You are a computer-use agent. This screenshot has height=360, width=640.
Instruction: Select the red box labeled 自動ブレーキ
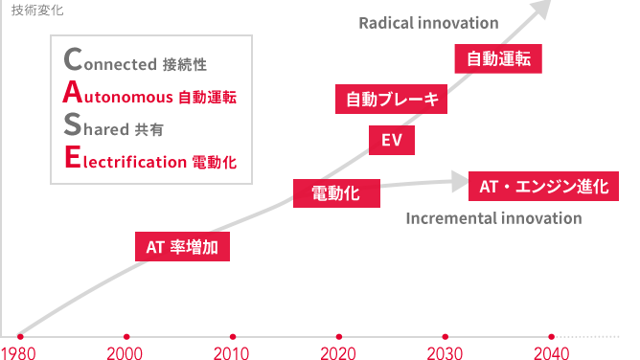[x=391, y=99]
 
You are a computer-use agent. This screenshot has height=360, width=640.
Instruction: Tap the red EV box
[x=391, y=142]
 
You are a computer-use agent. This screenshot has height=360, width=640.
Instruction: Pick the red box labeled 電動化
[x=335, y=193]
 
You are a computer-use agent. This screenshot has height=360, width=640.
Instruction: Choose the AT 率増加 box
[x=182, y=247]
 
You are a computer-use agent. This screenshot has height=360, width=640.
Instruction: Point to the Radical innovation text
[x=428, y=22]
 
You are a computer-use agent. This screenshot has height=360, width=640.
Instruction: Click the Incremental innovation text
[x=493, y=218]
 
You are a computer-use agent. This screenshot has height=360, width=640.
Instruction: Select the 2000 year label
[x=126, y=351]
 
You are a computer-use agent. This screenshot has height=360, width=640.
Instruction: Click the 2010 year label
[x=232, y=351]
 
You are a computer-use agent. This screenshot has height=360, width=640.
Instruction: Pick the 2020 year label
[x=338, y=351]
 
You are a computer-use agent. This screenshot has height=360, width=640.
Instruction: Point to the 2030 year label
[x=445, y=351]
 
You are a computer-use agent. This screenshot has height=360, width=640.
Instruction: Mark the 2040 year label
[x=551, y=351]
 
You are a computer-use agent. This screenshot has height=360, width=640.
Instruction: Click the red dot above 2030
[x=445, y=335]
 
